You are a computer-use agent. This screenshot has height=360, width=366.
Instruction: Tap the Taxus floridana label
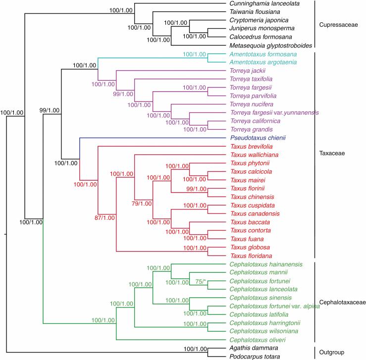[x=249, y=256]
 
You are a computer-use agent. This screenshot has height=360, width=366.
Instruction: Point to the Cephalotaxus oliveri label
[x=254, y=340]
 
